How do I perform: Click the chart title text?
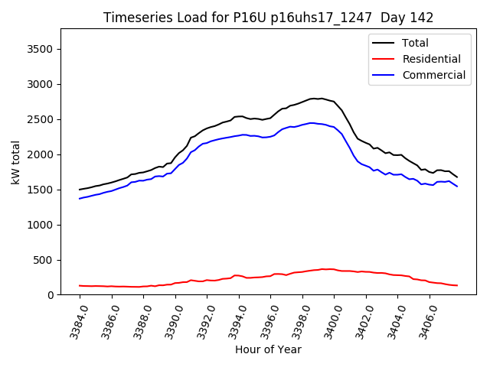tap(268, 18)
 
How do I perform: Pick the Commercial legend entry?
tap(433, 75)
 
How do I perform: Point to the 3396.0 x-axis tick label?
tap(263, 322)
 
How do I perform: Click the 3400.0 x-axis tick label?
tap(327, 322)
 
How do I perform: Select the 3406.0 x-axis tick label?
tap(423, 322)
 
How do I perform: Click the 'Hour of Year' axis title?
tap(268, 349)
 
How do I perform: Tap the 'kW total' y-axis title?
tap(15, 162)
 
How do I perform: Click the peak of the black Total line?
tap(315, 98)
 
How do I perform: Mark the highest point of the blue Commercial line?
tap(311, 122)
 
